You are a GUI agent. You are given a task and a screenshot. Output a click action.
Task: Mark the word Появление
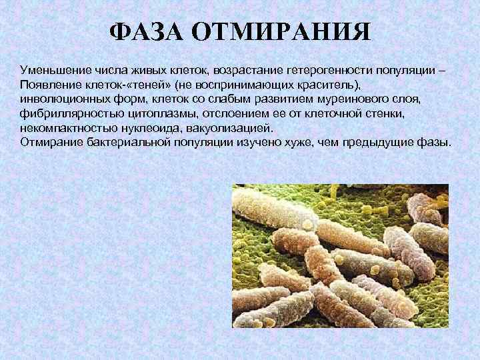point(48,85)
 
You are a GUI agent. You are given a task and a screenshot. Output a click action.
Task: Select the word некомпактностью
point(65,128)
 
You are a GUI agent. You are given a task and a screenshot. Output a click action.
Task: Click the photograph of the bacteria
point(339,256)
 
